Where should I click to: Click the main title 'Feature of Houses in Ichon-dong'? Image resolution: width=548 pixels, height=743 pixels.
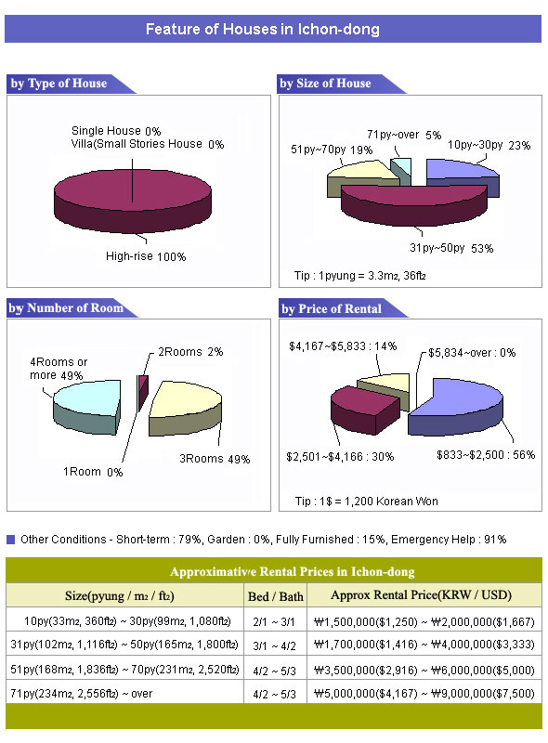(x=262, y=29)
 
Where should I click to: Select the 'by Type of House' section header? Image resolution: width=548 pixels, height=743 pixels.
(x=59, y=84)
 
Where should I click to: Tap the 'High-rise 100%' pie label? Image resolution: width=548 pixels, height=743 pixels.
(x=146, y=256)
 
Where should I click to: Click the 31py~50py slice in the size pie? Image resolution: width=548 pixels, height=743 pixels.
(x=414, y=204)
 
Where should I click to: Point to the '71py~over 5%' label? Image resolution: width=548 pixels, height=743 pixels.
(x=404, y=135)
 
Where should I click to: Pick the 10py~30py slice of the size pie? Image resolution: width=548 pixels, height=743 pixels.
(x=463, y=177)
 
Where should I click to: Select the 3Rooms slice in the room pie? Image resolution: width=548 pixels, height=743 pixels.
(x=185, y=409)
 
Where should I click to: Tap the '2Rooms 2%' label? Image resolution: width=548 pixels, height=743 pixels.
(x=190, y=352)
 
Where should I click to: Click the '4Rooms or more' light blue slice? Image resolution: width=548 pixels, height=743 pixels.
(x=87, y=406)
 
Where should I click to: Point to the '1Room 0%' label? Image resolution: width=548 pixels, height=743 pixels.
(x=93, y=472)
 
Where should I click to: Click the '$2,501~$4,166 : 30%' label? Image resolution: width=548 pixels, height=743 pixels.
(x=340, y=457)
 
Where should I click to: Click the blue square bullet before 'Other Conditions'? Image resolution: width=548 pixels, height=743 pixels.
(x=11, y=540)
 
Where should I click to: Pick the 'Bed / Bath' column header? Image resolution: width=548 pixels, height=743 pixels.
(x=276, y=596)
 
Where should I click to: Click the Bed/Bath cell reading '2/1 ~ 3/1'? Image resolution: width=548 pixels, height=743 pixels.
(x=274, y=621)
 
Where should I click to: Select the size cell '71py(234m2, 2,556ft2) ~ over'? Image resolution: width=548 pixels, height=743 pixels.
(x=81, y=693)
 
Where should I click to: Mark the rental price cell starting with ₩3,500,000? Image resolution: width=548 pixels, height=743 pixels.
(x=424, y=670)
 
